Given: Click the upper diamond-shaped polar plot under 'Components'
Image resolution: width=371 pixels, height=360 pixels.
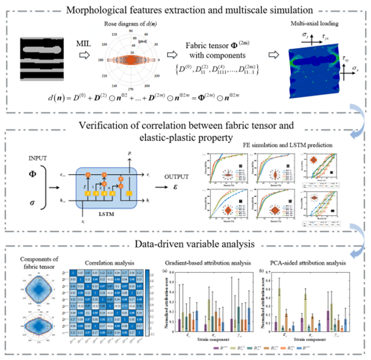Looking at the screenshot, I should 37,291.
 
